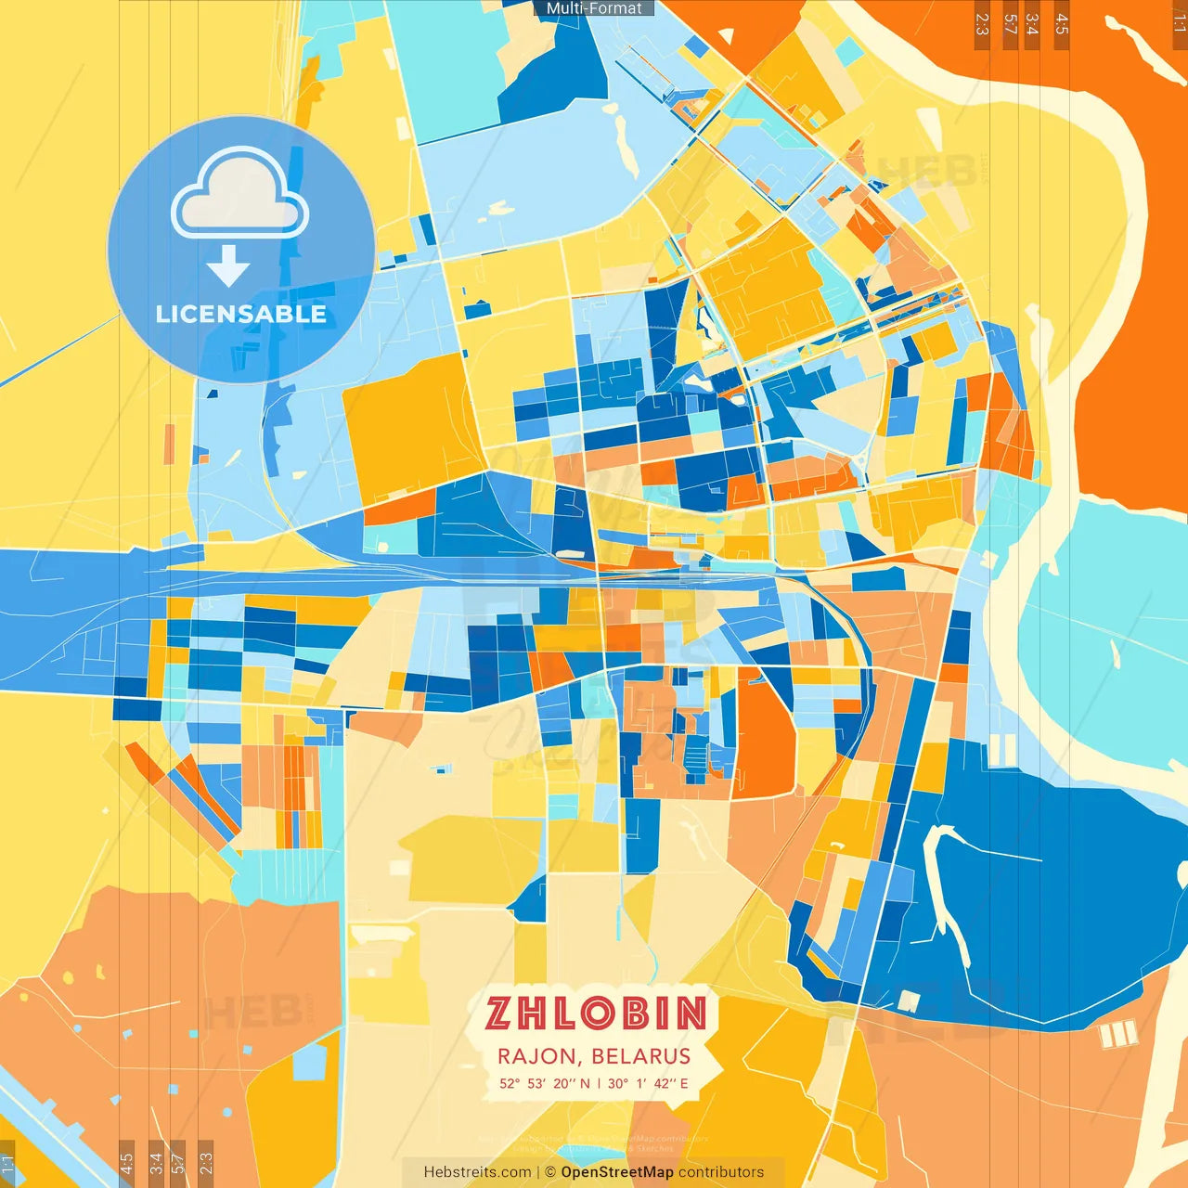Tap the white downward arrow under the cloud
coord(228,266)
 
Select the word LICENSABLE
coord(241,314)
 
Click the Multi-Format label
coord(594,8)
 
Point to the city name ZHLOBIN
coord(595,1014)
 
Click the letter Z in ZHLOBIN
coord(498,1014)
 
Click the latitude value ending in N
coord(544,1083)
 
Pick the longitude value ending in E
coord(648,1083)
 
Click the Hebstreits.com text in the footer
coord(477,1172)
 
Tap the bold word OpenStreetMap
coord(617,1172)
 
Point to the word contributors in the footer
coord(721,1172)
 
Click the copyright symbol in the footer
coord(550,1172)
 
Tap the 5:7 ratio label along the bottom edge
coord(178,1162)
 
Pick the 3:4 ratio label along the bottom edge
coord(155,1162)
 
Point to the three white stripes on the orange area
coord(1117,1034)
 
